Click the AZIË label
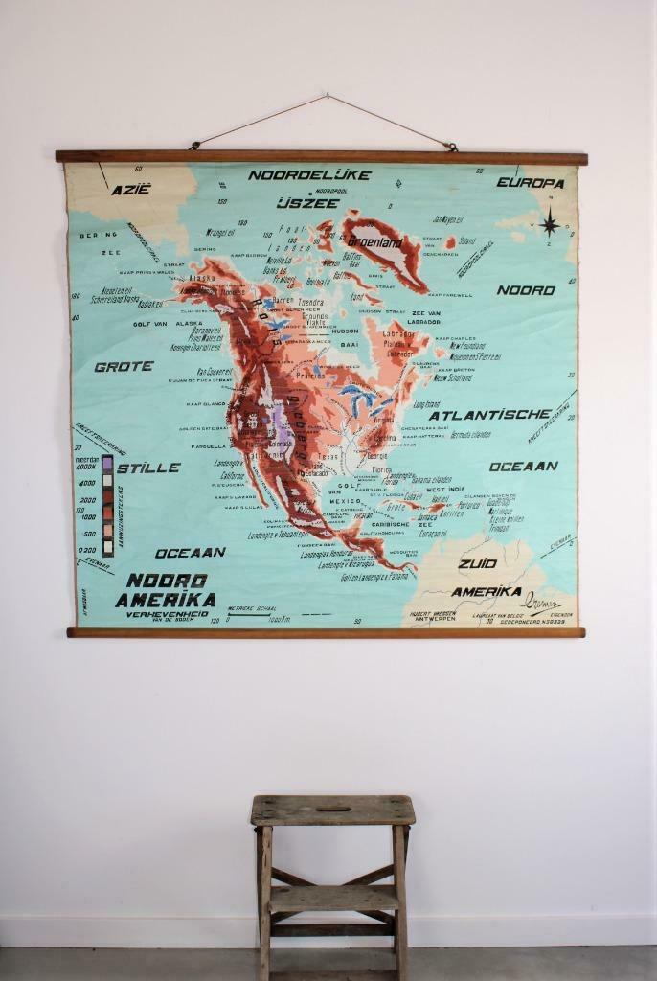point(131,190)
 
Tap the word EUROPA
point(530,183)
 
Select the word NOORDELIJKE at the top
point(296,175)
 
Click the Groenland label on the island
point(375,242)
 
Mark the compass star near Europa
point(550,224)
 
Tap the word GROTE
point(124,366)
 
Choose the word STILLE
point(148,468)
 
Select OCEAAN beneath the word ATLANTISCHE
point(524,467)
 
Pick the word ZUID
point(478,563)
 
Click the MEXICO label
point(345,501)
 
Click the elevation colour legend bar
point(107,505)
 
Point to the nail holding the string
point(327,95)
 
